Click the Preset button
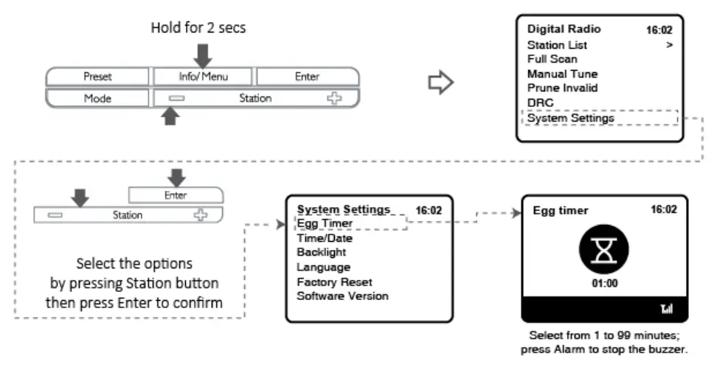[97, 77]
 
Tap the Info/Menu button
[203, 77]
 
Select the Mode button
[97, 98]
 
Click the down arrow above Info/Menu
[203, 56]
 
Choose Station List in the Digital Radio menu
[557, 45]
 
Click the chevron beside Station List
[669, 45]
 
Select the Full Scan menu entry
[552, 59]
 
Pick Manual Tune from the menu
[562, 74]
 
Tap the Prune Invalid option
[562, 88]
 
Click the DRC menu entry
[540, 102]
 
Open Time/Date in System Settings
[325, 238]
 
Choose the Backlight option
[321, 252]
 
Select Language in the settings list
[323, 267]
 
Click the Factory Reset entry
[334, 282]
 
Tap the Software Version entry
[342, 296]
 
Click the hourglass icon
[604, 249]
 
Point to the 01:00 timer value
[605, 283]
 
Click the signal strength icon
[667, 309]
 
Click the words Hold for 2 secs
[198, 28]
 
